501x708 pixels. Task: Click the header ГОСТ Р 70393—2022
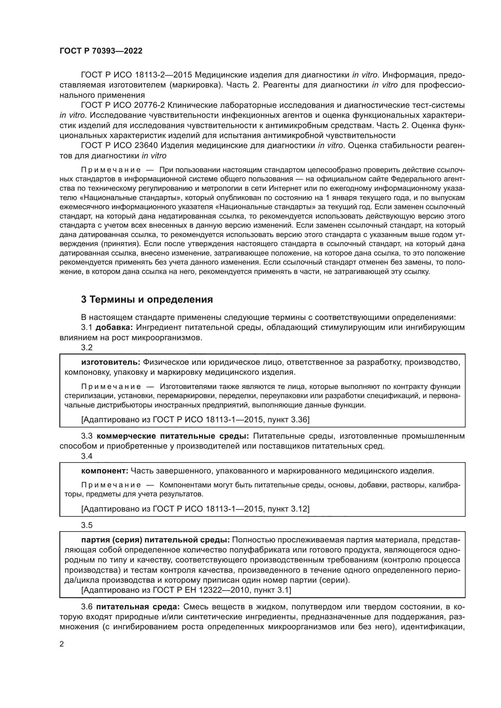(x=101, y=51)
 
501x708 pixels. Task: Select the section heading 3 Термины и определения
(x=147, y=299)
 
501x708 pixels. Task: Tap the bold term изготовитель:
(x=111, y=362)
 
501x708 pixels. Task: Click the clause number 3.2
(x=87, y=347)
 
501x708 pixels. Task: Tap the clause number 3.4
(x=87, y=456)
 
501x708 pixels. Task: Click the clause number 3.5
(x=87, y=525)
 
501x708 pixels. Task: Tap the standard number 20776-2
(x=150, y=105)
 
